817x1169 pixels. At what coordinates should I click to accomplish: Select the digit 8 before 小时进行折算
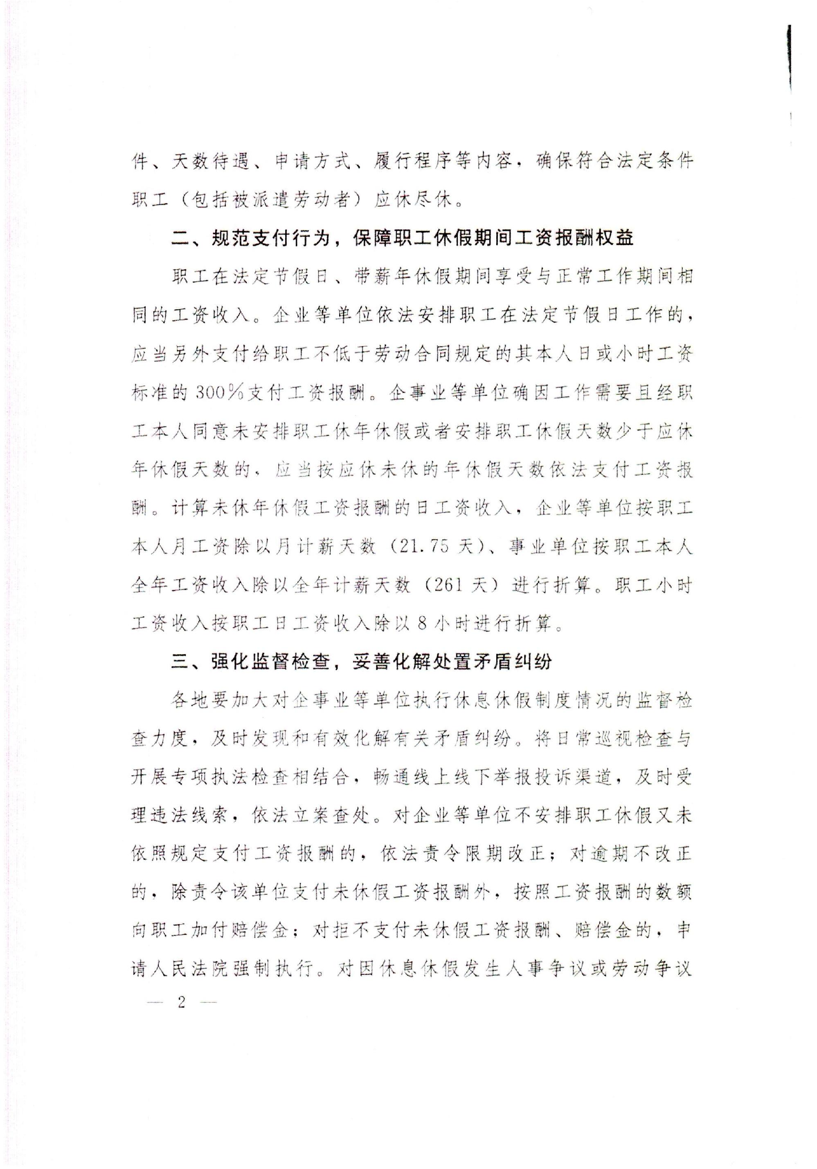click(x=422, y=624)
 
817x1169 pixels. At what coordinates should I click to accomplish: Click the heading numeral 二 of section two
click(x=181, y=238)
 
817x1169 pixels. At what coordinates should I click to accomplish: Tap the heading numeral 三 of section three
click(x=181, y=662)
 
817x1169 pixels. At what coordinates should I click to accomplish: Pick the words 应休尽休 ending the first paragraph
click(x=413, y=199)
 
